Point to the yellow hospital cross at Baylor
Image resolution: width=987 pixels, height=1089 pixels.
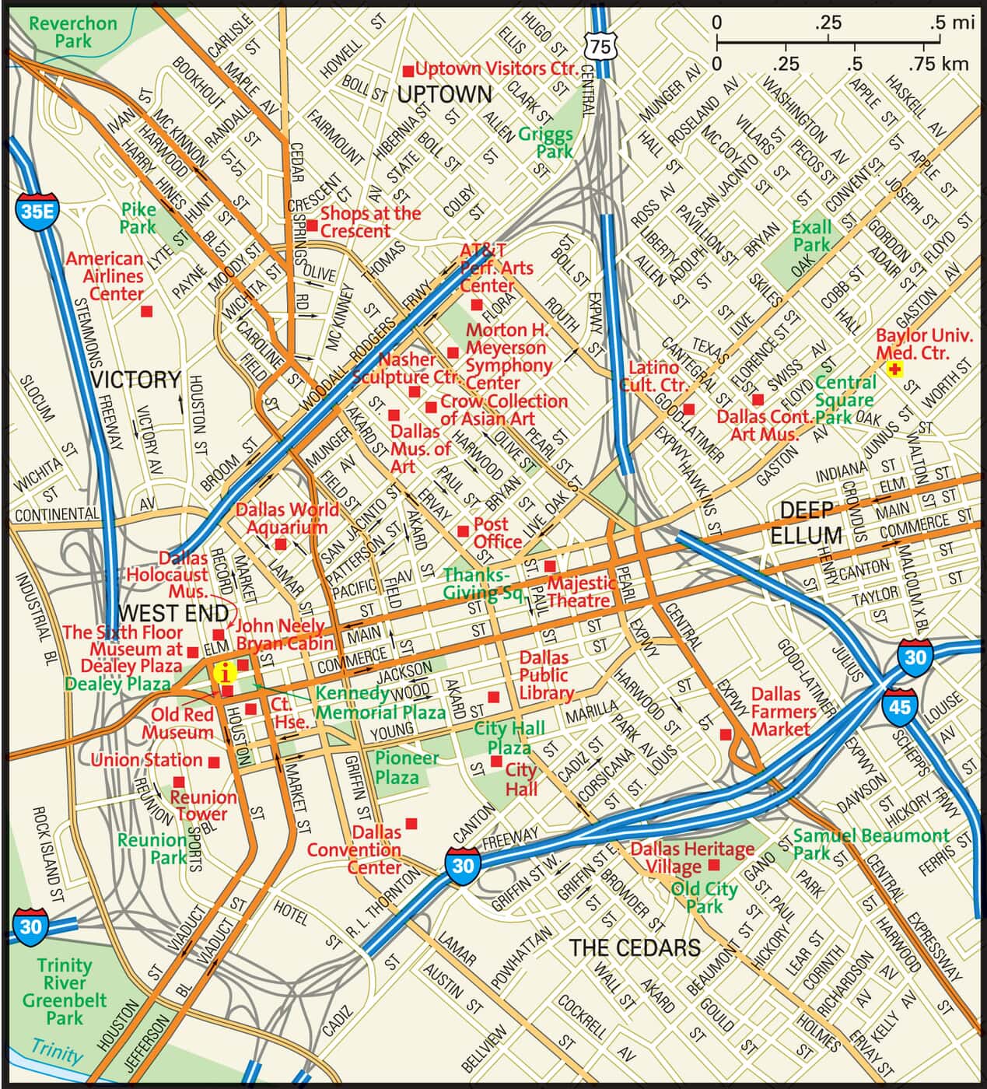(x=895, y=370)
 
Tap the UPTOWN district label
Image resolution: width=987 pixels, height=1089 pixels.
(x=444, y=95)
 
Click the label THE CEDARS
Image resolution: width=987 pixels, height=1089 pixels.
(x=635, y=947)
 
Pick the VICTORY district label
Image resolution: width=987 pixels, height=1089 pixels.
(x=136, y=380)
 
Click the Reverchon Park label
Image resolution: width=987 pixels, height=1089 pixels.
(x=73, y=31)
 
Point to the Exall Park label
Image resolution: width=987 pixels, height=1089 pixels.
(x=811, y=236)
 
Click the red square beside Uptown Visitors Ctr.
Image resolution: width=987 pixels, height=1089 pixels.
(x=407, y=71)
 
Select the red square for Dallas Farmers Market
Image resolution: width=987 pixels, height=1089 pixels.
(x=726, y=734)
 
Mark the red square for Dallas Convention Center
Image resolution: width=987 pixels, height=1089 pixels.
(x=411, y=823)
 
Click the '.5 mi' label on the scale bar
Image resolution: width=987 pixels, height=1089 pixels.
(x=951, y=23)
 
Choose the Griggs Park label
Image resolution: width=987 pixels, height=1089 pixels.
(x=546, y=142)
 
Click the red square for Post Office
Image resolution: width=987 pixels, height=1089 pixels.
(x=463, y=530)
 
